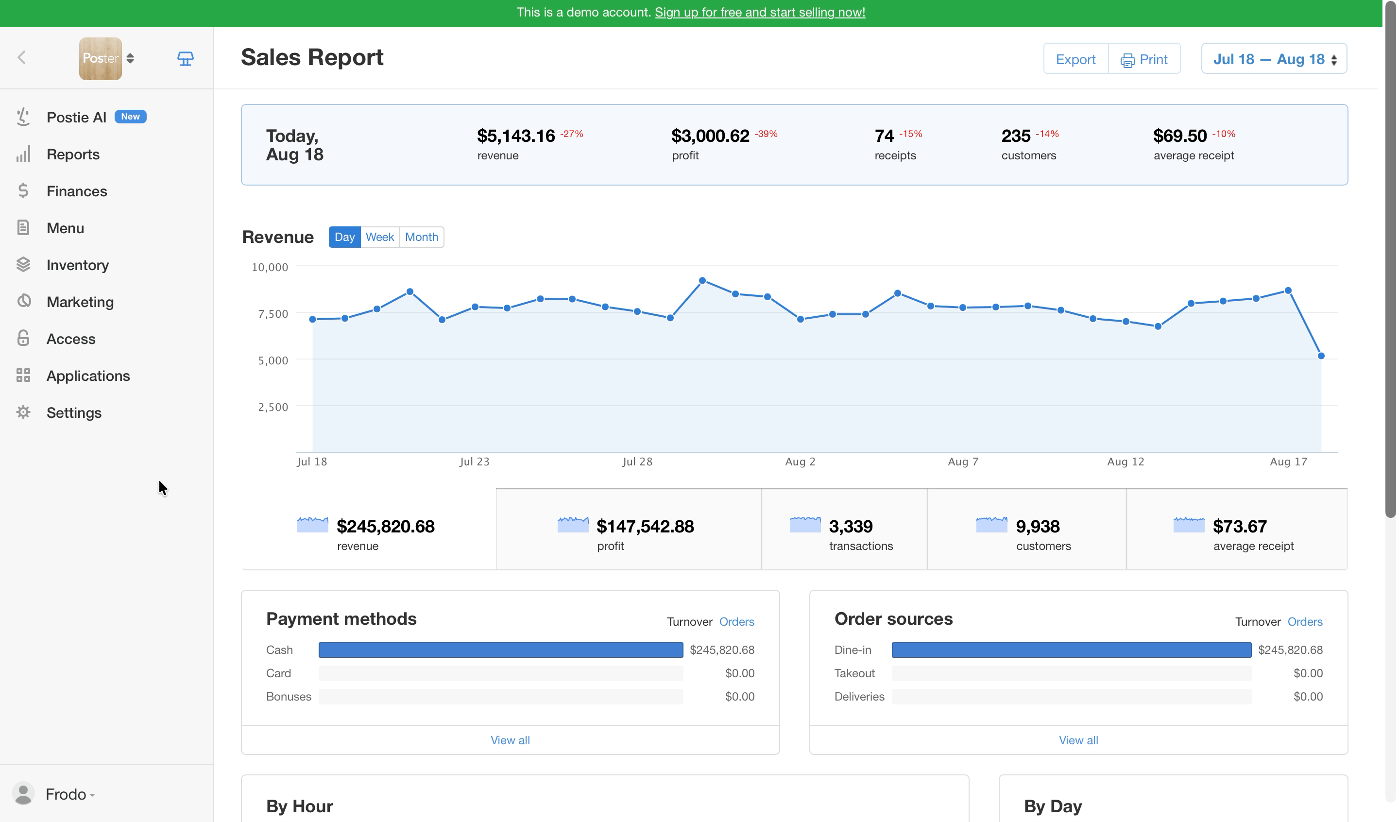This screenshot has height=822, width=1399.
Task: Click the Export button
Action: coord(1075,59)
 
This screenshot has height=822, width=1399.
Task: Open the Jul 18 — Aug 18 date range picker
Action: coord(1274,59)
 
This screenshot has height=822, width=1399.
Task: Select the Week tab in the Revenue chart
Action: coord(380,237)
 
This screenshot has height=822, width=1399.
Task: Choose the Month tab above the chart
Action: coord(421,237)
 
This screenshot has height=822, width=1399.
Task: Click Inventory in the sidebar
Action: coord(77,265)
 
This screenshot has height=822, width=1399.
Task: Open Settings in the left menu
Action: coord(74,412)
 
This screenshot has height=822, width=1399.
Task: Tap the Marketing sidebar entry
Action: coord(80,302)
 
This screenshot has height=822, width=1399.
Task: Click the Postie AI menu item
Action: coord(76,117)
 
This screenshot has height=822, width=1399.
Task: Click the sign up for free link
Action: coord(759,12)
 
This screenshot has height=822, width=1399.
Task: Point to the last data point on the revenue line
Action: coord(1321,356)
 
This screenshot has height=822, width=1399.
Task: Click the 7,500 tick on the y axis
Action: coord(273,314)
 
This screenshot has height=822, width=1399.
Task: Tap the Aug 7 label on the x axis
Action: coord(963,462)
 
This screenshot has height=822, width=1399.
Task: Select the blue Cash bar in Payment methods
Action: coord(501,650)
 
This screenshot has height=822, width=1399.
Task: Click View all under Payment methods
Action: coord(510,740)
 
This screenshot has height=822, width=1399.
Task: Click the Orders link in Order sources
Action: coord(1305,621)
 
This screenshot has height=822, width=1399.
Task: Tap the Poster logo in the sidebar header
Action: coord(100,58)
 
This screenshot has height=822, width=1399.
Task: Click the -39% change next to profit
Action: coord(766,134)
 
